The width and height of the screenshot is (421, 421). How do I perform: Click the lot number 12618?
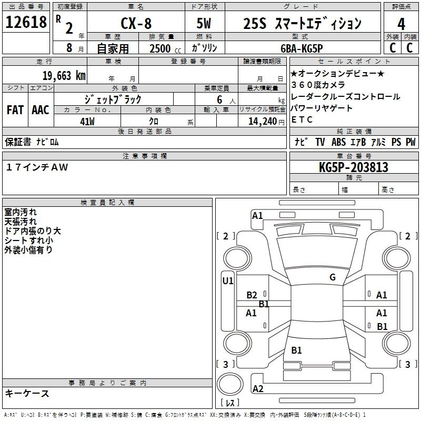click(26, 22)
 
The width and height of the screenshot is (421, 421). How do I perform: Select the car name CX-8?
click(136, 23)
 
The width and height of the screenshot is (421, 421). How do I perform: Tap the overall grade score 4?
click(401, 24)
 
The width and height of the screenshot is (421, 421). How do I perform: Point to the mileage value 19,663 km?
click(64, 75)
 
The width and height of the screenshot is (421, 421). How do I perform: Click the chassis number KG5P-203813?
click(354, 167)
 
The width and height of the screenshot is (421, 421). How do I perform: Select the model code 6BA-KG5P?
click(302, 48)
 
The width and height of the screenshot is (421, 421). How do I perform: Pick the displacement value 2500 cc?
click(165, 48)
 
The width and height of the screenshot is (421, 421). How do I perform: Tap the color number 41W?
click(87, 122)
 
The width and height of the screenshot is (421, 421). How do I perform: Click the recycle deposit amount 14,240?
click(263, 122)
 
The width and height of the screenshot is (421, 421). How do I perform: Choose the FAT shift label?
click(15, 110)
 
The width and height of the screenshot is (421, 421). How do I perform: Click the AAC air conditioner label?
click(41, 110)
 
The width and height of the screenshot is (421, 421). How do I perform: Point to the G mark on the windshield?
click(333, 277)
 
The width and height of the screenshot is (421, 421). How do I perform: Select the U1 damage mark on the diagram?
click(228, 281)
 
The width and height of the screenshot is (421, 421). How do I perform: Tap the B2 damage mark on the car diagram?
click(252, 295)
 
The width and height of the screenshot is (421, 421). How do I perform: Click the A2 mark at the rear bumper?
click(258, 389)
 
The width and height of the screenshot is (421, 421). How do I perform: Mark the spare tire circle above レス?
click(230, 384)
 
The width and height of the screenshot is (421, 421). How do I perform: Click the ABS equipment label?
click(338, 142)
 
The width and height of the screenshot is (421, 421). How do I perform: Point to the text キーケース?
click(27, 393)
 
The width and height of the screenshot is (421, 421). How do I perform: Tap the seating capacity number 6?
click(219, 99)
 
